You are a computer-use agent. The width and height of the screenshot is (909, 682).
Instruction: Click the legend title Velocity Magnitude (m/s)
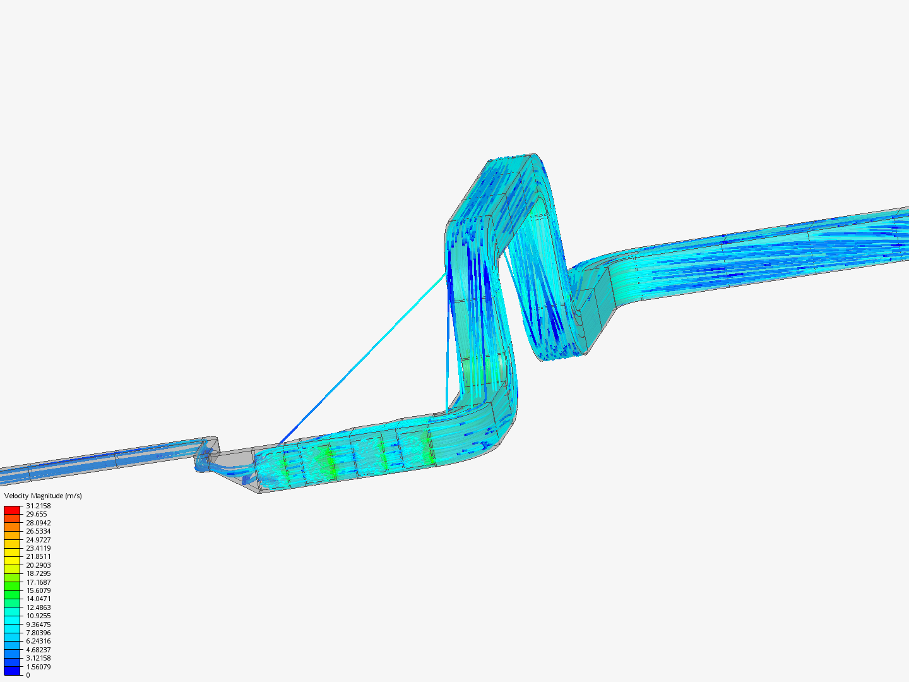tap(43, 496)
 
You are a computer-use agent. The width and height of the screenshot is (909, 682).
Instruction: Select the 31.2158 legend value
tap(39, 506)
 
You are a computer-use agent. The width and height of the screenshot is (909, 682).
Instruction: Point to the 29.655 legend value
tap(37, 514)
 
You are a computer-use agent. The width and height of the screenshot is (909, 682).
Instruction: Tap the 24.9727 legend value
tap(39, 540)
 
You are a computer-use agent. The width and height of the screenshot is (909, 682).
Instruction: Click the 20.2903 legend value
tap(39, 565)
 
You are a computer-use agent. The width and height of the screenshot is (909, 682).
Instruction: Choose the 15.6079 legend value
tap(39, 590)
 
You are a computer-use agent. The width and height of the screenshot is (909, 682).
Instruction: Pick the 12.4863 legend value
tap(39, 607)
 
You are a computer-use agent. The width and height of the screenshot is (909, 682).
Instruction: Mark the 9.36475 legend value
tap(39, 625)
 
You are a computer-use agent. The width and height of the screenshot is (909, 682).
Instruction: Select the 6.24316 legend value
tap(39, 642)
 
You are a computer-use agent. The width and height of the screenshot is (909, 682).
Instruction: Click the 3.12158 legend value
tap(39, 658)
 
